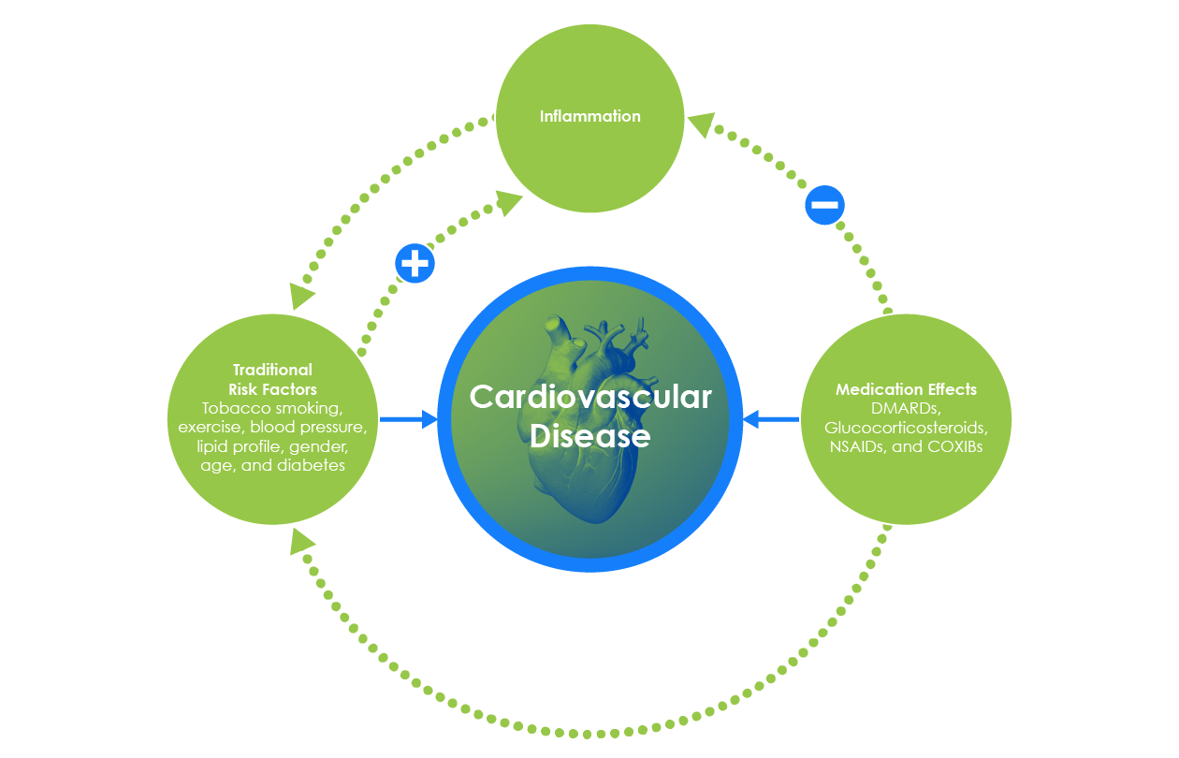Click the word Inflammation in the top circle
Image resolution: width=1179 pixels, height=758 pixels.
click(x=589, y=117)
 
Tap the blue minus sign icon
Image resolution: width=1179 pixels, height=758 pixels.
click(x=824, y=205)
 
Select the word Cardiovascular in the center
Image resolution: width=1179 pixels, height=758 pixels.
click(x=589, y=397)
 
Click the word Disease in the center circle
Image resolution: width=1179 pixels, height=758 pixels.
click(x=589, y=435)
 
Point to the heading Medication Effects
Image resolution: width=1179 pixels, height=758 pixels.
click(x=906, y=389)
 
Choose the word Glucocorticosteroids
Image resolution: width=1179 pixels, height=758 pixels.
click(x=905, y=427)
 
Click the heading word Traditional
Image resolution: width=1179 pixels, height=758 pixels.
click(x=272, y=371)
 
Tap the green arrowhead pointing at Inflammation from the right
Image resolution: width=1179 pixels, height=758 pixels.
click(x=701, y=124)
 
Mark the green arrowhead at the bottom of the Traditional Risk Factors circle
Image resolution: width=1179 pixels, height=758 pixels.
click(x=301, y=542)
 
